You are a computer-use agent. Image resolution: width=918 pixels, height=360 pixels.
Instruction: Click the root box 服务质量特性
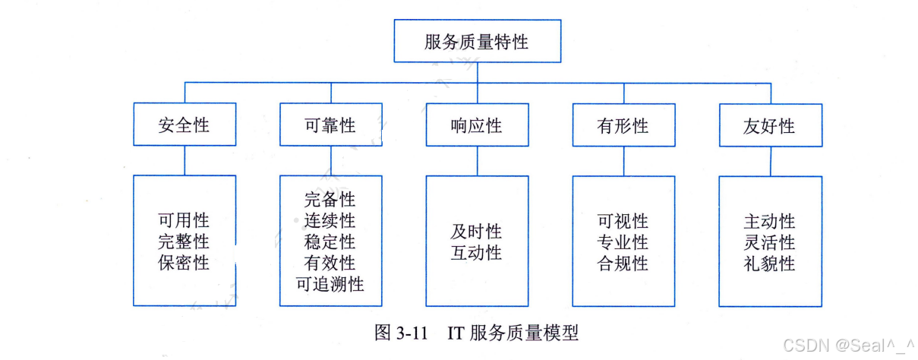point(477,42)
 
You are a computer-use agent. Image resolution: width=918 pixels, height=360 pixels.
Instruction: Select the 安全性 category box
point(185,125)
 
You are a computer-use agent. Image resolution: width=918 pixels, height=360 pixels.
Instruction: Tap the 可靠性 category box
point(330,125)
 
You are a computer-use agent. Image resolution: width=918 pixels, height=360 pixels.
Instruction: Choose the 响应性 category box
point(476,125)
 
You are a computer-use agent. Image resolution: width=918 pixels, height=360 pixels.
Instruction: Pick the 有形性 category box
point(623,125)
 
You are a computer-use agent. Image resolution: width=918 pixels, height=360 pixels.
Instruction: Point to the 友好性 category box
point(769,125)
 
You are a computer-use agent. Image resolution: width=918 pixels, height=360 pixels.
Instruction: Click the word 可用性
point(184,221)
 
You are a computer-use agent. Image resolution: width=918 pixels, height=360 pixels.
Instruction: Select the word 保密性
point(184,264)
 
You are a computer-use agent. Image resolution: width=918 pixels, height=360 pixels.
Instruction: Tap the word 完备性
point(330,200)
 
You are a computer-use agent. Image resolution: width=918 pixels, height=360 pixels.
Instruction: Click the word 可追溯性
point(330,284)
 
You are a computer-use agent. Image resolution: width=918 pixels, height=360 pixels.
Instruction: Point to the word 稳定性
point(330,242)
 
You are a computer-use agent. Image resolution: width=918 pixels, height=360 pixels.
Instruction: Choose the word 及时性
point(476,232)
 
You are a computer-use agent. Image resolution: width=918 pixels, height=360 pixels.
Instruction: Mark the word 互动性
point(476,253)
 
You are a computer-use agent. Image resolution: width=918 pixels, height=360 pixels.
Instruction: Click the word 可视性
point(623,221)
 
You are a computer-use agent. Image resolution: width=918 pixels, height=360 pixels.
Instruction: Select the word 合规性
point(623,264)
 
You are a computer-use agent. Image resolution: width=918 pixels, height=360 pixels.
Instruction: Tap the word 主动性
point(769,221)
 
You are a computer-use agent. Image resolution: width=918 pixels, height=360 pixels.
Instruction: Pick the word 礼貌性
point(769,264)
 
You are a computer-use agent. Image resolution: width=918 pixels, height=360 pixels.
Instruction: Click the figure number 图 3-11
point(402,333)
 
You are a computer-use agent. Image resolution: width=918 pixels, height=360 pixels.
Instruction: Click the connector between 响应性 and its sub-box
point(477,160)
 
